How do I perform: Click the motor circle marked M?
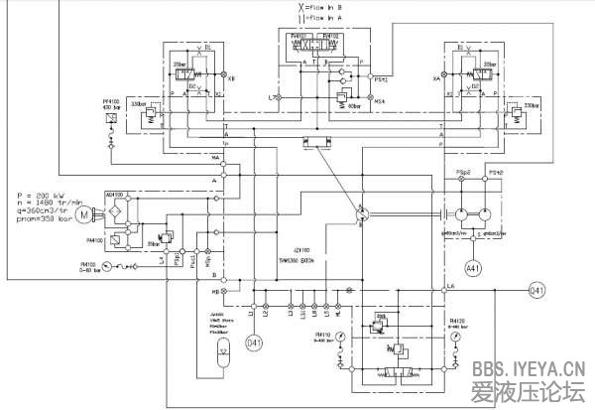coord(84,213)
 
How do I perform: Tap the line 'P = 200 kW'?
coord(41,188)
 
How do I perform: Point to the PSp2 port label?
coord(462,173)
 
